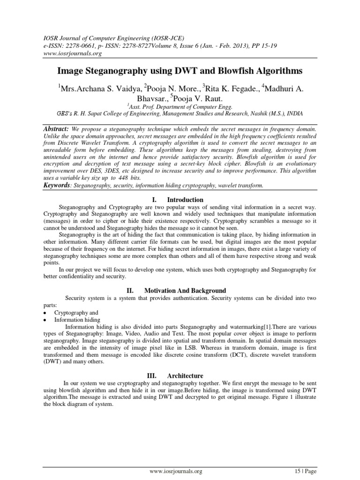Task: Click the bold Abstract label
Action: [56, 128]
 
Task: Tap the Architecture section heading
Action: [187, 375]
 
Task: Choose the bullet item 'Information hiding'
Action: [77, 319]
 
